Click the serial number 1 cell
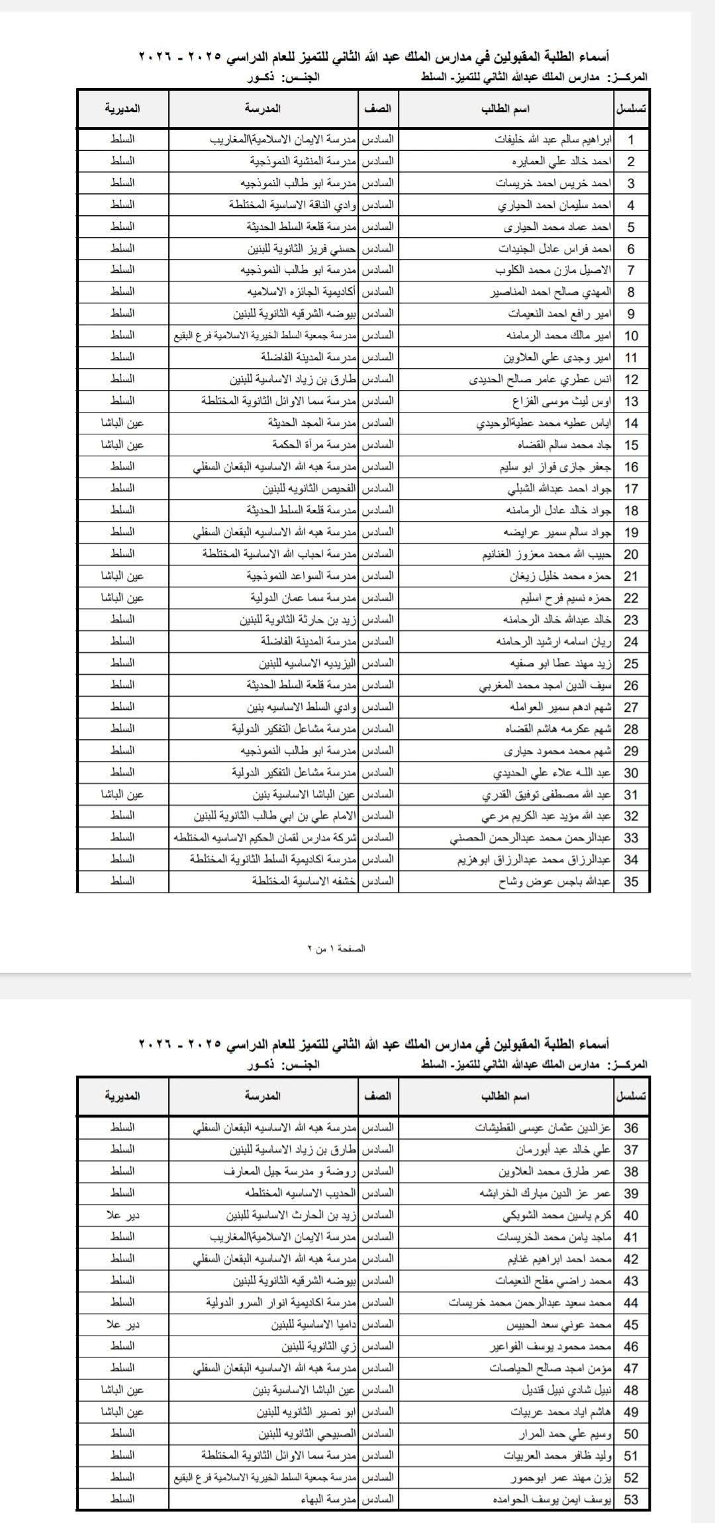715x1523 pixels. tap(631, 140)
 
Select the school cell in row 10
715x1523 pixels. tap(264, 336)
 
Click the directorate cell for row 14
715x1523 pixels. tap(122, 422)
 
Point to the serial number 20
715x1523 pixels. tap(631, 554)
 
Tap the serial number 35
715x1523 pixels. tap(631, 881)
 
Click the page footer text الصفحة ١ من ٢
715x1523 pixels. tap(336, 948)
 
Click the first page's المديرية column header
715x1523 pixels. tap(122, 109)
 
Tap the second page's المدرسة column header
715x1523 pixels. tap(263, 1096)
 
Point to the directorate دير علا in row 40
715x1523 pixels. tap(122, 1215)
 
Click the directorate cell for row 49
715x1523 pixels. tap(122, 1411)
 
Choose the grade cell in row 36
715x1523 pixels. tap(378, 1128)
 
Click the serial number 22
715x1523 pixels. tap(631, 598)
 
